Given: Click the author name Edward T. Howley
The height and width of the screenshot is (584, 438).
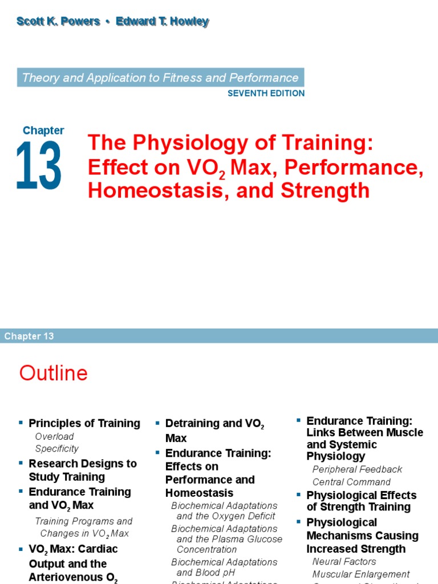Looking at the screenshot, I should coord(162,22).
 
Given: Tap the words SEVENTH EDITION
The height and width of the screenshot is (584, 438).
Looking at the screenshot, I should coord(266,94).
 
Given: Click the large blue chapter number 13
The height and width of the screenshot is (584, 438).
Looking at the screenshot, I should coord(39,166).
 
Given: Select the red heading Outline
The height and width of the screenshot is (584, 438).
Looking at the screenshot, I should coord(54,373).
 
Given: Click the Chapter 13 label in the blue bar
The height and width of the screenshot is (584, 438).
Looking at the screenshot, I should coord(29,336).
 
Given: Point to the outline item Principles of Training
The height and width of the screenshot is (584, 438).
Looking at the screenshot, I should coord(84,423).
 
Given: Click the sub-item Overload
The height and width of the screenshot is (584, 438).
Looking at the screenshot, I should coord(54,436).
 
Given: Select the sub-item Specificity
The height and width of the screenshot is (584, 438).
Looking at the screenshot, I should coord(57,449).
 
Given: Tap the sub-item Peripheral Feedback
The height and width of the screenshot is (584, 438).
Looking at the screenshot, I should coord(357,469).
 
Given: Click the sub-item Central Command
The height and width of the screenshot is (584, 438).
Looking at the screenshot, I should coord(351,482).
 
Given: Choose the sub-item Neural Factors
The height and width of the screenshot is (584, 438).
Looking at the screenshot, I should coord(344,562).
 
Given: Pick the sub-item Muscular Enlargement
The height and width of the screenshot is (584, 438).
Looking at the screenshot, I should coord(361,574).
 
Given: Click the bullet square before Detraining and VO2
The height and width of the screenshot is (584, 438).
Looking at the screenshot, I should coord(157,423).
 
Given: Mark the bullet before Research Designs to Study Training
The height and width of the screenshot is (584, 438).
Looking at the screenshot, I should coord(21,463).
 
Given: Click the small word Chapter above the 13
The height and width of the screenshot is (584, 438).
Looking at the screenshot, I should coord(43,130).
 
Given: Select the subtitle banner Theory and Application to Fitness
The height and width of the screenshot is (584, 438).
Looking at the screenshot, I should coord(160,78).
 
